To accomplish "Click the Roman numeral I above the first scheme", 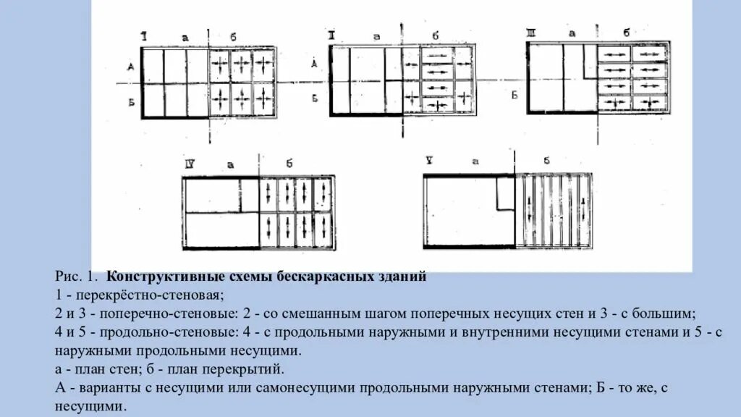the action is point(145,35).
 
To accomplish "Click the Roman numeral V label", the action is point(429,161).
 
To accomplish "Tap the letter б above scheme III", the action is point(627,33).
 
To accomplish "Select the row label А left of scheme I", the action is point(131,67).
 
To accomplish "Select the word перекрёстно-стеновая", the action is point(151,295).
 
